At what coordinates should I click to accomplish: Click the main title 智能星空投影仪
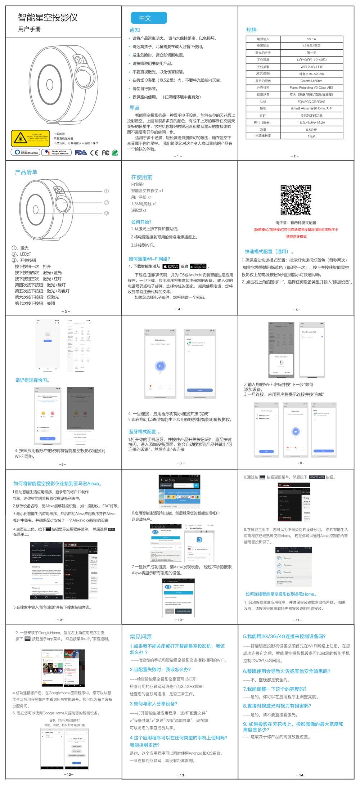tap(48, 18)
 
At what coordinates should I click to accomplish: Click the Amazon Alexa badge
tap(25, 152)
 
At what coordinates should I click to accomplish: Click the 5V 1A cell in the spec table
tap(311, 39)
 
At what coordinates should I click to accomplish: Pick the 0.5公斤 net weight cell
tap(311, 130)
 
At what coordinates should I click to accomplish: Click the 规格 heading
tap(251, 30)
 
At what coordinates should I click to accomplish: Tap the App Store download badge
tap(171, 266)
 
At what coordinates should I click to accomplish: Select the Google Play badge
tap(198, 266)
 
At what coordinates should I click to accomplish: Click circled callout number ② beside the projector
tap(106, 202)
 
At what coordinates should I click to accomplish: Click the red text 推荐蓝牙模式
tap(296, 237)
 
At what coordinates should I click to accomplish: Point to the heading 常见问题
tap(140, 637)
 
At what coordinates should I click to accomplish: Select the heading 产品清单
tap(26, 172)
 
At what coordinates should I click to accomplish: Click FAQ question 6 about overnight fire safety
tap(286, 671)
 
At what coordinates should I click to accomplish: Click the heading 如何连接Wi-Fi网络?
tap(149, 259)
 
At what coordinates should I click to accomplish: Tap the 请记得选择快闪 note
tap(32, 380)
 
